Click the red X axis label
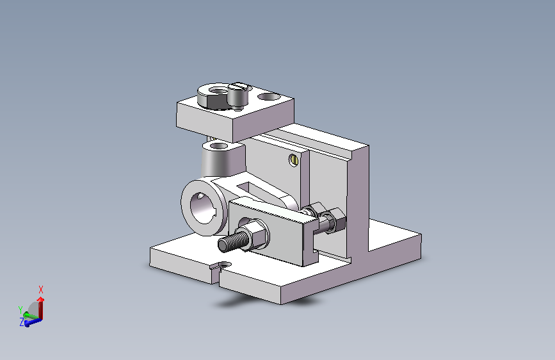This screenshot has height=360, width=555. point(41,290)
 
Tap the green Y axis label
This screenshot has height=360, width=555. point(20,310)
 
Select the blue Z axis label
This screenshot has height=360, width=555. point(22,322)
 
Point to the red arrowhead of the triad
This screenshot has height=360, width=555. point(41,299)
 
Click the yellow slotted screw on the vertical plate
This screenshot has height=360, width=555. point(293,161)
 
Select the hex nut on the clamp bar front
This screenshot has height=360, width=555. point(255,234)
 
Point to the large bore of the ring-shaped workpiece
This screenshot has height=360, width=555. point(203,208)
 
